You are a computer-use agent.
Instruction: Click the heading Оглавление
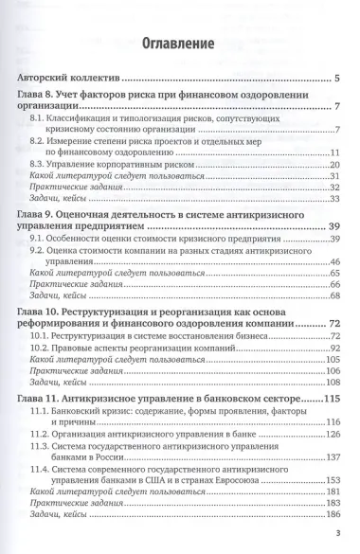180,44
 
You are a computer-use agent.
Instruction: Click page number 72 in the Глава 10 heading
333,325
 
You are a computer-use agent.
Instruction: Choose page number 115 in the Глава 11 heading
332,399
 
